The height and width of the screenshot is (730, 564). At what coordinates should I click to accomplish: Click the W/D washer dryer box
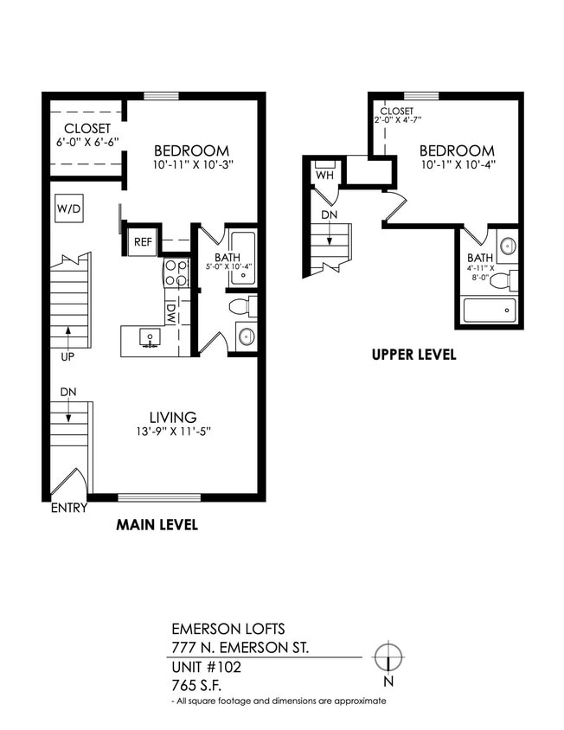pyautogui.click(x=67, y=208)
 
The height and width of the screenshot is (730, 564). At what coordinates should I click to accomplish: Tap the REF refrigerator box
pyautogui.click(x=143, y=242)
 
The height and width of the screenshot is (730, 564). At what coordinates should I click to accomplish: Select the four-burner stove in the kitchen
pyautogui.click(x=176, y=273)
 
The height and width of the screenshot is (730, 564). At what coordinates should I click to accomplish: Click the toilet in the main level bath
pyautogui.click(x=241, y=306)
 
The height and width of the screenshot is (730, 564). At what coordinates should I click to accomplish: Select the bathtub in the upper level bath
pyautogui.click(x=489, y=310)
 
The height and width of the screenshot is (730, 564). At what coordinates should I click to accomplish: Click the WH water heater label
pyautogui.click(x=324, y=176)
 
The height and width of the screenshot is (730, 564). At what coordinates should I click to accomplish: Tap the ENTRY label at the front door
pyautogui.click(x=68, y=508)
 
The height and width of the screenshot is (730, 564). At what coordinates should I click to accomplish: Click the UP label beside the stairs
pyautogui.click(x=67, y=355)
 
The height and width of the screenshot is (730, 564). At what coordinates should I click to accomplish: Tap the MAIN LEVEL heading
pyautogui.click(x=157, y=525)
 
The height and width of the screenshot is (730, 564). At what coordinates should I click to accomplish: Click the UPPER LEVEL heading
pyautogui.click(x=413, y=355)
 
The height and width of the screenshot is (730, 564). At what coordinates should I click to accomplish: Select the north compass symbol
pyautogui.click(x=390, y=657)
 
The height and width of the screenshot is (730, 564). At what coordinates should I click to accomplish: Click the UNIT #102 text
pyautogui.click(x=206, y=667)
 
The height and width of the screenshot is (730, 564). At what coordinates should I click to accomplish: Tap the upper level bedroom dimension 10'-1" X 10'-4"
pyautogui.click(x=458, y=164)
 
